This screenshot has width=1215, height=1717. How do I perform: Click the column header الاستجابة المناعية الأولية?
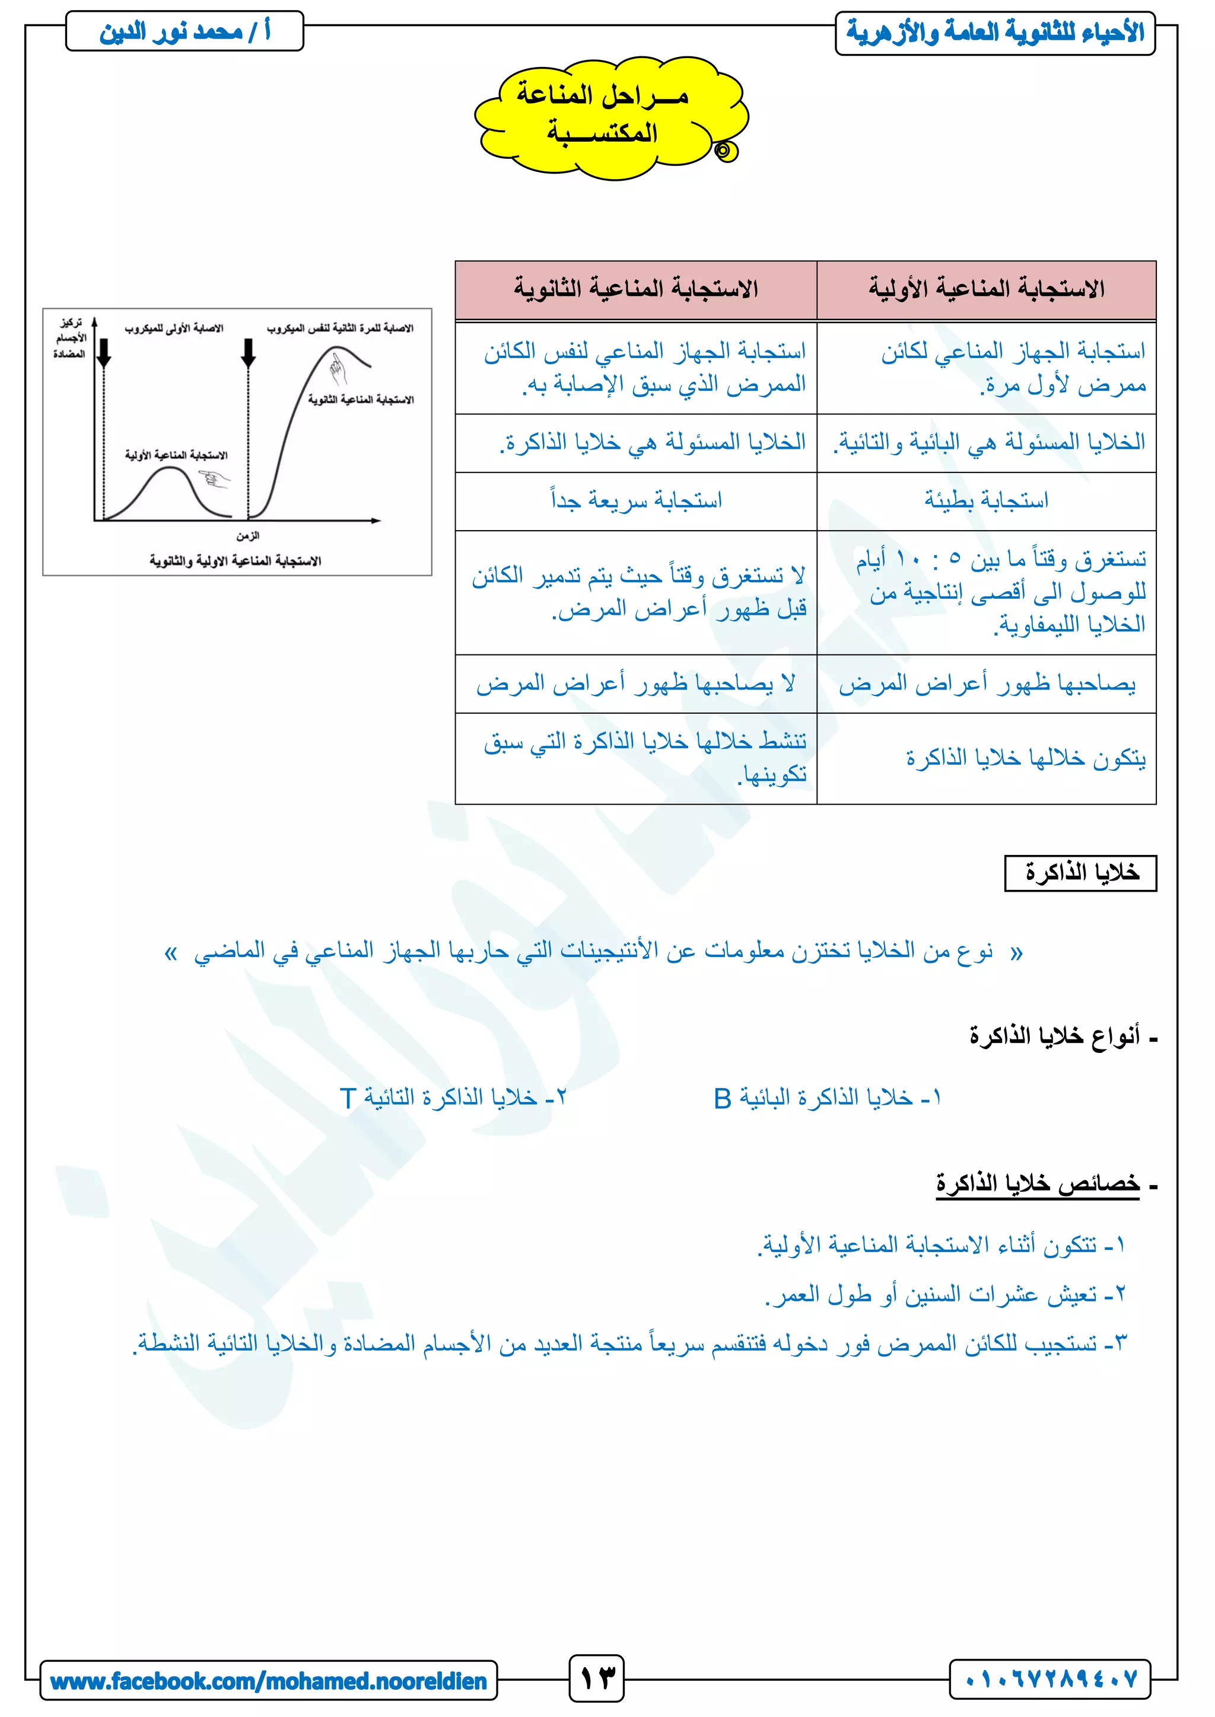[x=986, y=289]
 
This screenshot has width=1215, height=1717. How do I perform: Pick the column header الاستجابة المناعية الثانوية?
[x=635, y=289]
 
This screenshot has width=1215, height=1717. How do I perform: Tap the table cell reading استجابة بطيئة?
[x=986, y=500]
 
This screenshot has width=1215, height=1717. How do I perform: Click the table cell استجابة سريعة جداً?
[x=635, y=500]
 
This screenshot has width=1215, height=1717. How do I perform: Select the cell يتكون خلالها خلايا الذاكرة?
[x=1025, y=758]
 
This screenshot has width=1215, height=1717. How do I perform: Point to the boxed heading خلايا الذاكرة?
[x=1080, y=873]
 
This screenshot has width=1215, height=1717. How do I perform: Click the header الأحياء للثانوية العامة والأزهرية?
[x=995, y=33]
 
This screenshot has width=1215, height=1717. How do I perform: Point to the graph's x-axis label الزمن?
[x=247, y=535]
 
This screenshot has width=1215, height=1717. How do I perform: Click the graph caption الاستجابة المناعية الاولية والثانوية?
[x=235, y=561]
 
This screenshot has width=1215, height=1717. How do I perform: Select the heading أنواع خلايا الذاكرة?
[x=1055, y=1036]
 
